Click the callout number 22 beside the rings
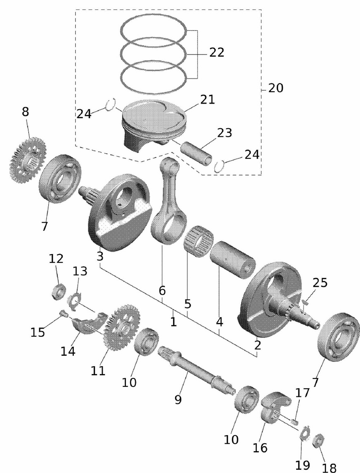coord(216,53)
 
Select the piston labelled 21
coord(151,121)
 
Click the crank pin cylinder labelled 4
coord(233,257)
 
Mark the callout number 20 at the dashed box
coord(276,88)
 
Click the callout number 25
coord(320,283)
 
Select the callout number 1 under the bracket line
coord(173,322)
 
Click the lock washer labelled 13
coord(75,300)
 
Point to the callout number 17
coord(302,393)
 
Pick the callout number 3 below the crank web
coord(99,256)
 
